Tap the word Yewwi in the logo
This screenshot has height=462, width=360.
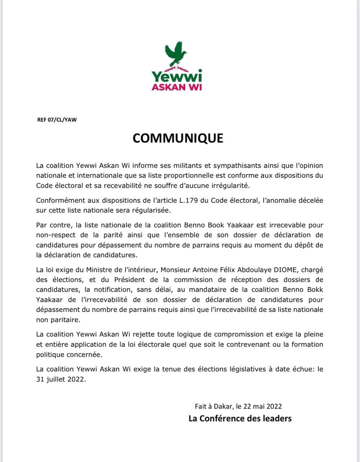177,77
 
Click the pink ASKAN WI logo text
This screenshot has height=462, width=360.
177,87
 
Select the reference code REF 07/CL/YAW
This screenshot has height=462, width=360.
57,120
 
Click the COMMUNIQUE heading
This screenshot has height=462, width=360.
178,138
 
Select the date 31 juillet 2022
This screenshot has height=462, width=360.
61,379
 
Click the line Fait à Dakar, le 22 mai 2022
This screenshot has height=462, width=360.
238,406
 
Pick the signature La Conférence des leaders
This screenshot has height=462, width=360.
240,418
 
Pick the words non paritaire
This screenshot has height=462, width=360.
58,320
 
